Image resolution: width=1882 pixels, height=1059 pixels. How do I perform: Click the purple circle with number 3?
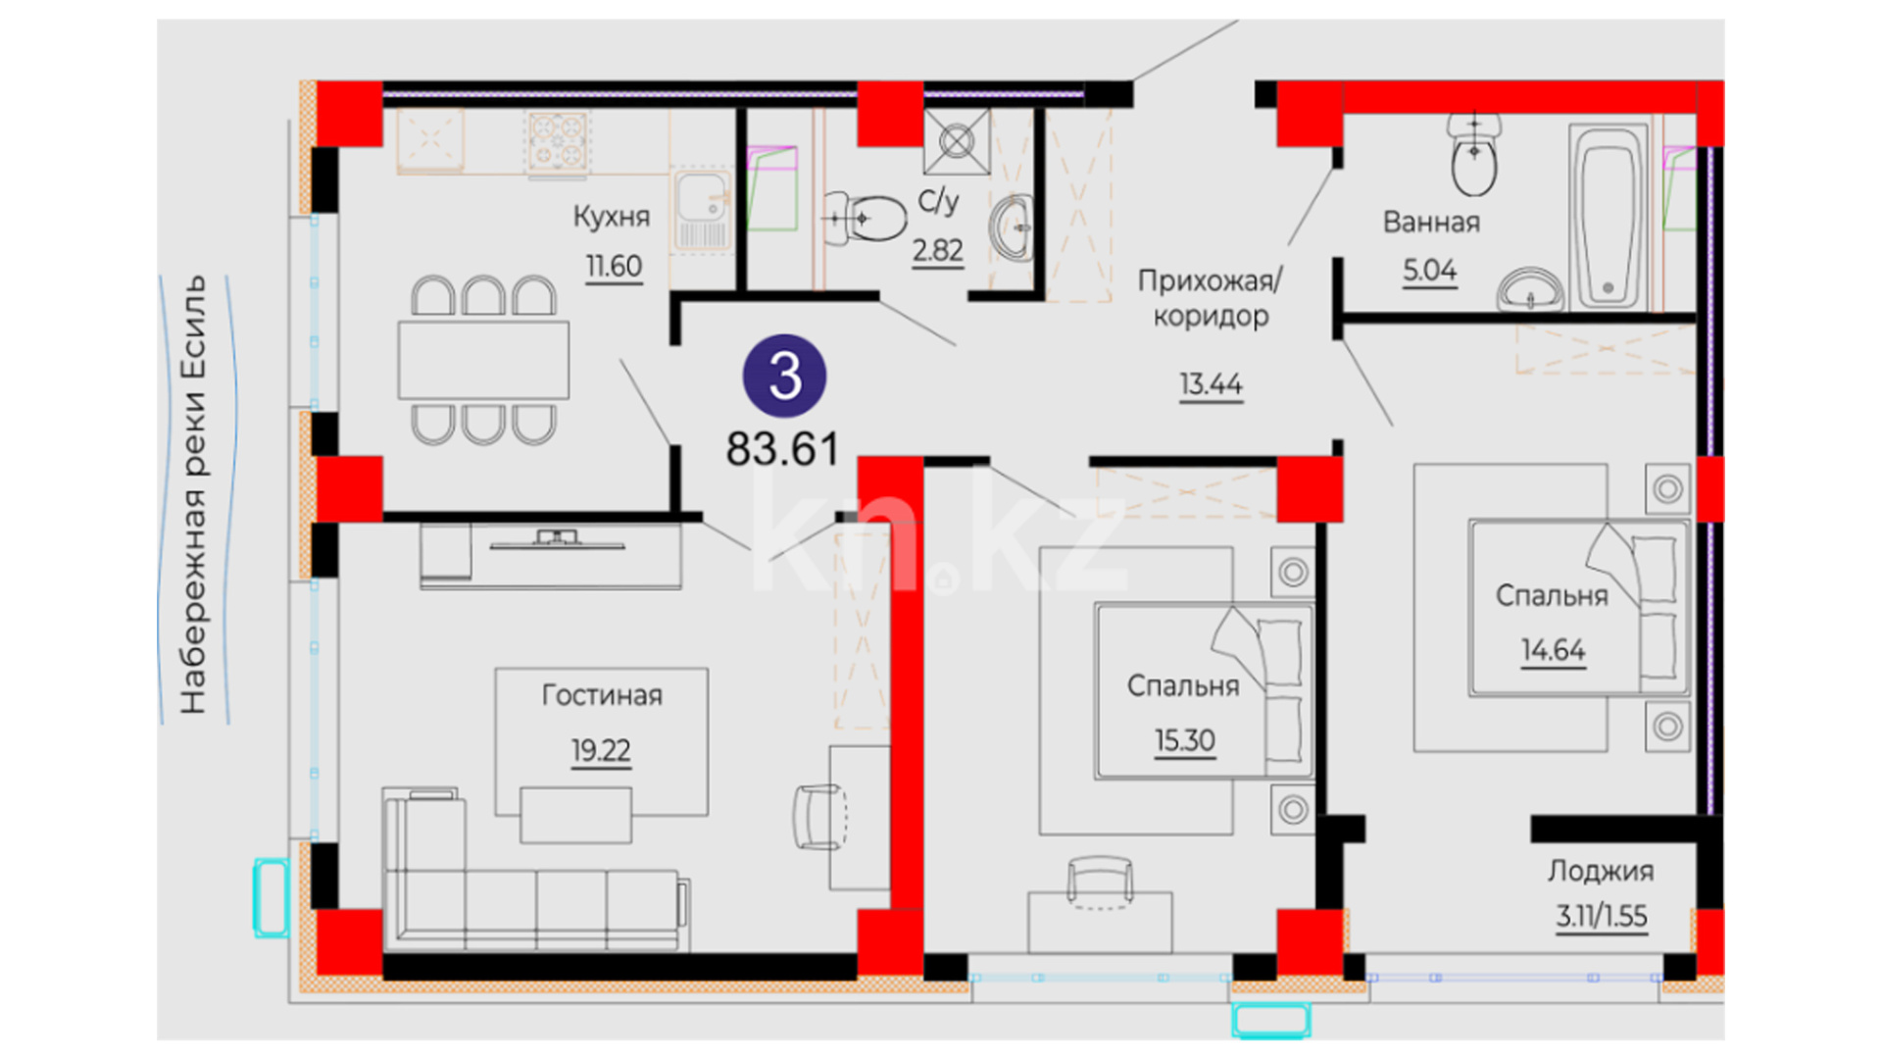(784, 376)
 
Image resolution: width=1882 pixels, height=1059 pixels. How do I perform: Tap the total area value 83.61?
(782, 449)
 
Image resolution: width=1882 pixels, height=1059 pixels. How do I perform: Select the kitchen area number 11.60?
(614, 266)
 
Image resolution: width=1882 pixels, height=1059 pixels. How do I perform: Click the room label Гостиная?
(602, 695)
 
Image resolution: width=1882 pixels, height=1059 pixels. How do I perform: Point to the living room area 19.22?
(601, 750)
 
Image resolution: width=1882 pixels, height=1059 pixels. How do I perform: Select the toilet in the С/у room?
(865, 217)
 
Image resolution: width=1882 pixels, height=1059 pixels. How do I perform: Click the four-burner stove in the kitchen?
(558, 142)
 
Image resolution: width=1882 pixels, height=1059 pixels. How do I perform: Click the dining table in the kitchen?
(483, 360)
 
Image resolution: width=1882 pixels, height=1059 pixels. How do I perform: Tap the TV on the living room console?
(556, 539)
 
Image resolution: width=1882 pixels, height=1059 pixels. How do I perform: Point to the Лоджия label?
(1601, 871)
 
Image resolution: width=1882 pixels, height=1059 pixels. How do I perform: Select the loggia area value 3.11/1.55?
(1602, 916)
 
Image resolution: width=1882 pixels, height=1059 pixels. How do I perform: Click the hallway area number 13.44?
(1211, 383)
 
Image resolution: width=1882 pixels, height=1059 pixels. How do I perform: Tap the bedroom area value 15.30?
(1184, 740)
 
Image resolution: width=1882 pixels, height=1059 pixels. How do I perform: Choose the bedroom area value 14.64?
(1553, 649)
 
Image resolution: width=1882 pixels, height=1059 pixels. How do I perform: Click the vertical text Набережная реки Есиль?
(193, 494)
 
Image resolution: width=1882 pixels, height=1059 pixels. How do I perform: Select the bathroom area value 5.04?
(1429, 270)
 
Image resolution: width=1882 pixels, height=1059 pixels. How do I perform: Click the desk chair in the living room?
(819, 816)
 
